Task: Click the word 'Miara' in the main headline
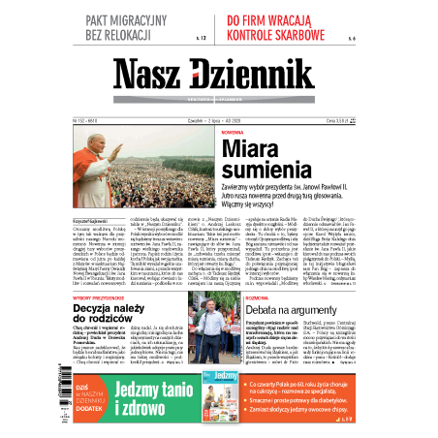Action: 252,148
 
